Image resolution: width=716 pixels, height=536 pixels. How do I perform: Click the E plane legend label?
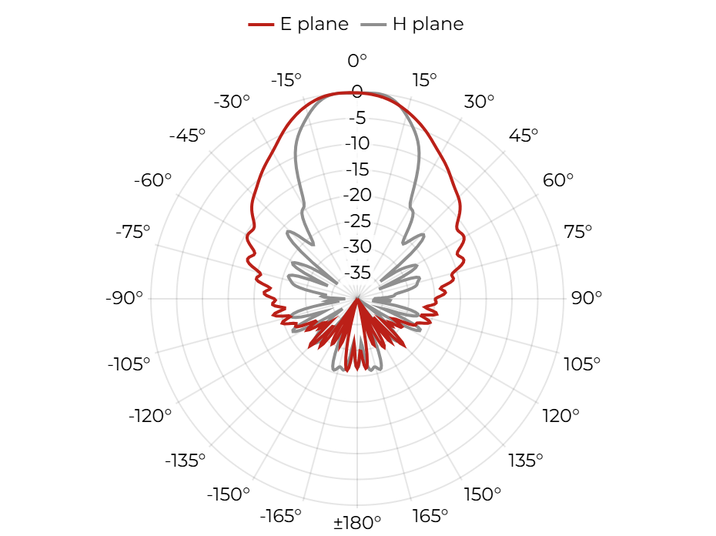(x=314, y=24)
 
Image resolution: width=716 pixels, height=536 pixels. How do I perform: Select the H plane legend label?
(x=428, y=24)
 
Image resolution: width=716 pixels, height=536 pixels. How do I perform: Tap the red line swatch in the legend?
(x=261, y=25)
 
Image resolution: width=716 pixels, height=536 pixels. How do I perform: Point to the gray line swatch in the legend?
(x=373, y=25)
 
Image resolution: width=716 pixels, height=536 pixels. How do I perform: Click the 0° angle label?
(x=357, y=60)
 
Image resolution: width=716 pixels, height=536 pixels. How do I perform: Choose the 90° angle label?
(x=587, y=298)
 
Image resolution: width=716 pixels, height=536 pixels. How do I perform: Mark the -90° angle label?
(x=124, y=298)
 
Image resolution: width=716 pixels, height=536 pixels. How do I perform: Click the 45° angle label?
(x=524, y=136)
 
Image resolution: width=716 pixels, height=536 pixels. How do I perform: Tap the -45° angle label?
(x=187, y=136)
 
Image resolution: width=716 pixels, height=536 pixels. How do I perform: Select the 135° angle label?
(x=526, y=461)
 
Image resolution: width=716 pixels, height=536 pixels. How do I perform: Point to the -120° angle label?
(x=150, y=416)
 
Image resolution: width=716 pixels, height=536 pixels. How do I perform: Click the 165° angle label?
(x=430, y=516)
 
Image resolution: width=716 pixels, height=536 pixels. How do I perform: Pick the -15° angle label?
(x=286, y=80)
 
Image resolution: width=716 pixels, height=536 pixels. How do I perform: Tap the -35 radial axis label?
(x=357, y=273)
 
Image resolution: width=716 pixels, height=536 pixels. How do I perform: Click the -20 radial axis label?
(x=357, y=195)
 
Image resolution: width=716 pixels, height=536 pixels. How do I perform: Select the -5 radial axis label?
(x=357, y=118)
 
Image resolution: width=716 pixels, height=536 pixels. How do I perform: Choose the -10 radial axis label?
(x=357, y=143)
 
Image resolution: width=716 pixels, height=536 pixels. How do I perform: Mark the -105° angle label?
(x=129, y=364)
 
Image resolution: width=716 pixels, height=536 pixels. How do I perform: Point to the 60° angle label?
(x=557, y=180)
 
